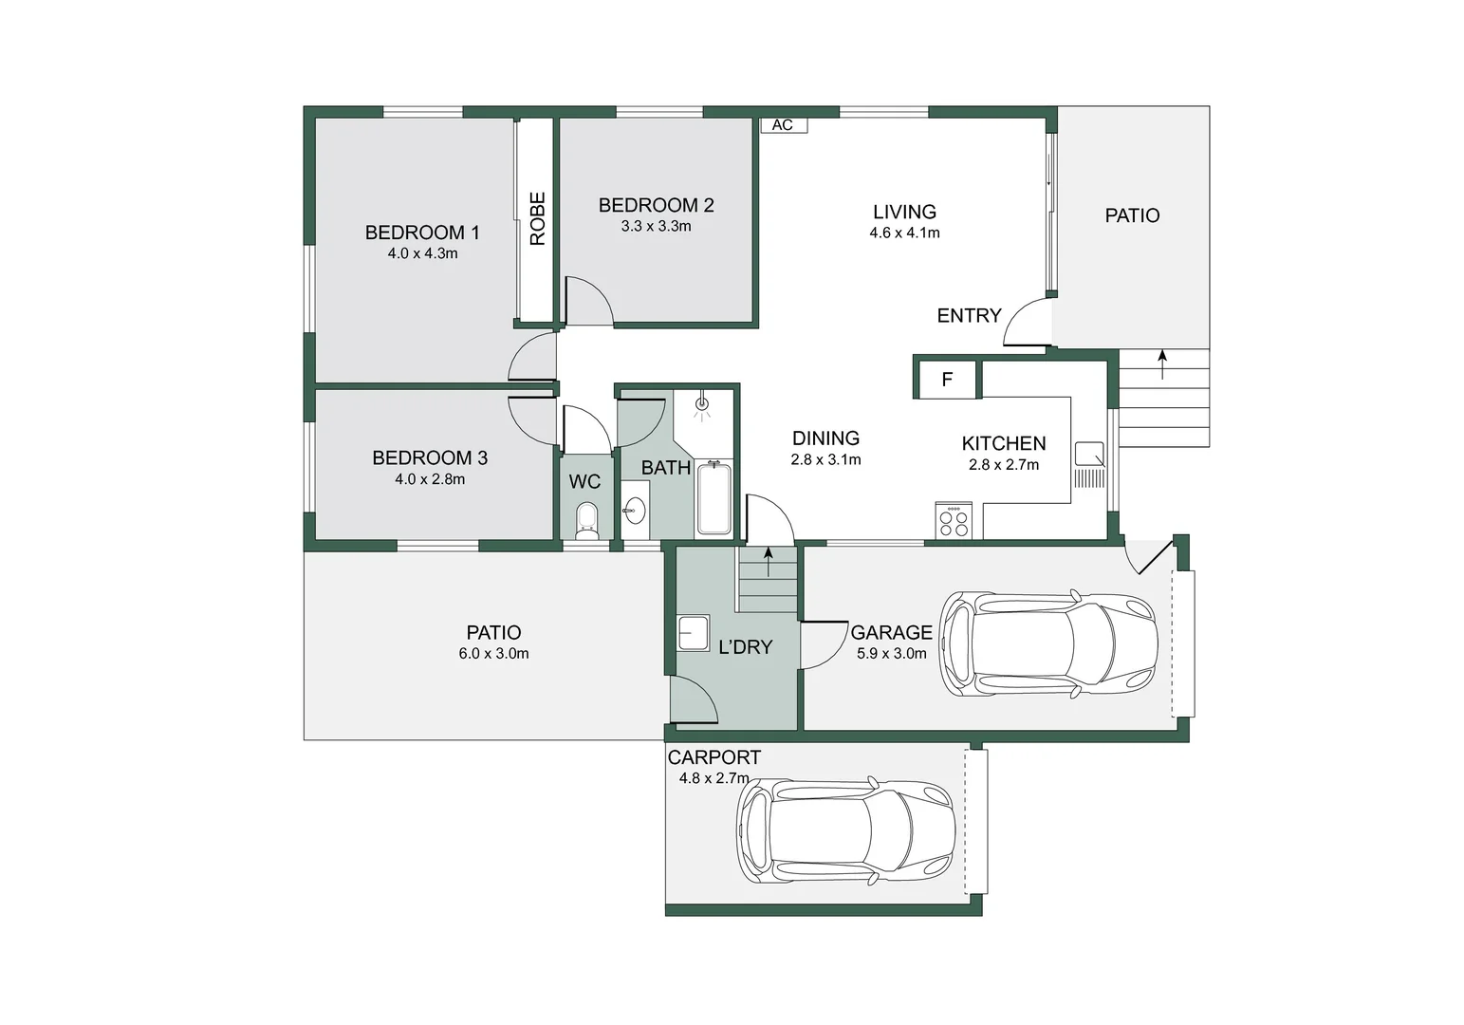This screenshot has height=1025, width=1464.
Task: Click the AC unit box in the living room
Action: pos(784,125)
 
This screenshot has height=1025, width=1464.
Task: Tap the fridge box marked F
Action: pos(947,379)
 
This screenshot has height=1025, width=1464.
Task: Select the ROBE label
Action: pos(537,218)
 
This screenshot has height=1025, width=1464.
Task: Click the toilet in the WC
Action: pos(587,521)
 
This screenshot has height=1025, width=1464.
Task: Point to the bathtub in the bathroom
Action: pos(713,497)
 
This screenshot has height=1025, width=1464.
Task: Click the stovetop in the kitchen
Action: pos(954,520)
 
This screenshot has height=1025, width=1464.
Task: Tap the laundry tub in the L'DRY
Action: pos(693,633)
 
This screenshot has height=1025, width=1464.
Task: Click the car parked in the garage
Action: pos(1048,643)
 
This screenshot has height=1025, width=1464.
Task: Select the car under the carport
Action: pos(845,830)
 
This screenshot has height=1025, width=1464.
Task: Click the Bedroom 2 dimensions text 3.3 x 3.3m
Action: pos(657,226)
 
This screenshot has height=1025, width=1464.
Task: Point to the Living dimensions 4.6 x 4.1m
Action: pos(904,233)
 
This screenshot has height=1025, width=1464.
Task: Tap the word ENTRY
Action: pos(970,316)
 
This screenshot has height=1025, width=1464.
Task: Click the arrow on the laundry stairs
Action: pos(769,562)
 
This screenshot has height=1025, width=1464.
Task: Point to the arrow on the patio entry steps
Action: pos(1162,364)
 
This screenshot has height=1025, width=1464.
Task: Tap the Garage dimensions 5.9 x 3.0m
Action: pos(892,654)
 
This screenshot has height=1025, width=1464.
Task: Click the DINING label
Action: pos(826,438)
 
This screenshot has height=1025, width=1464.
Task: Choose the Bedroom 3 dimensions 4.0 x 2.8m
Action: pos(430,479)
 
